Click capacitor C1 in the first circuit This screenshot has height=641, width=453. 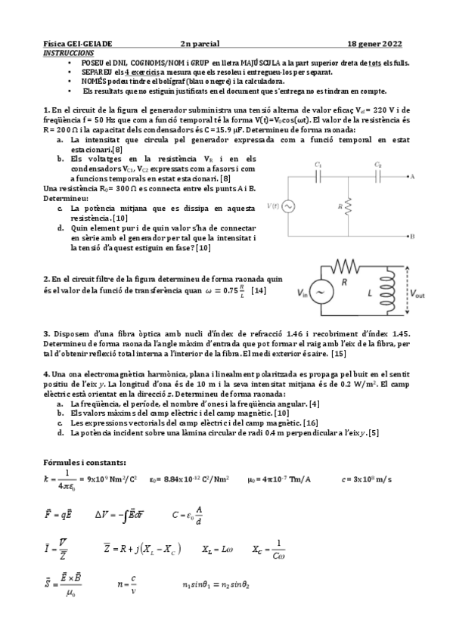319,175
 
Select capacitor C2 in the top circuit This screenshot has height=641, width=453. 378,175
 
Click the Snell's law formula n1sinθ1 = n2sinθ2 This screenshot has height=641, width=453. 216,584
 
